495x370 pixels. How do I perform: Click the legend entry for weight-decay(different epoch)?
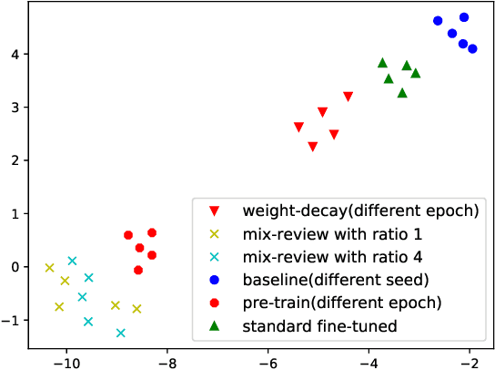point(359,211)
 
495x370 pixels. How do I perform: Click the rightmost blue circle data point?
point(472,48)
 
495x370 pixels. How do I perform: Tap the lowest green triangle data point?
point(402,93)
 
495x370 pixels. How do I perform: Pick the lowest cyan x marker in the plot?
point(120,333)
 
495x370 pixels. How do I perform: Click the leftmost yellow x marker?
point(49,267)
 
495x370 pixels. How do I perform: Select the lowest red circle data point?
point(138,270)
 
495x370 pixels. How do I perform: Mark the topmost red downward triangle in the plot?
point(348,96)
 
